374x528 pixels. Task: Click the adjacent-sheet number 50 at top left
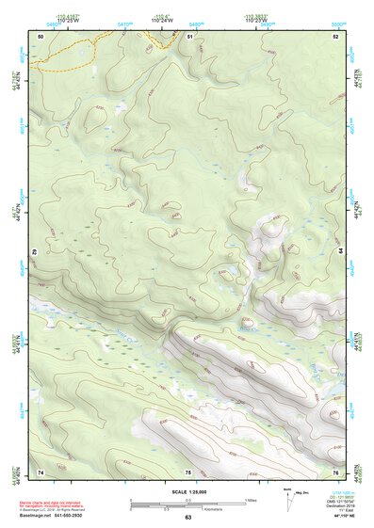click(41, 36)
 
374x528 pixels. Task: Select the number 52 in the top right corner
click(335, 36)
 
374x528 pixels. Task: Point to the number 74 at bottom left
click(41, 471)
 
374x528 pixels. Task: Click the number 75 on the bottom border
click(187, 471)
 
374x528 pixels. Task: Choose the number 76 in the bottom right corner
click(335, 471)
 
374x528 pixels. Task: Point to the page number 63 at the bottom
click(187, 518)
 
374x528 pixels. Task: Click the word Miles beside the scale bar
click(251, 500)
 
